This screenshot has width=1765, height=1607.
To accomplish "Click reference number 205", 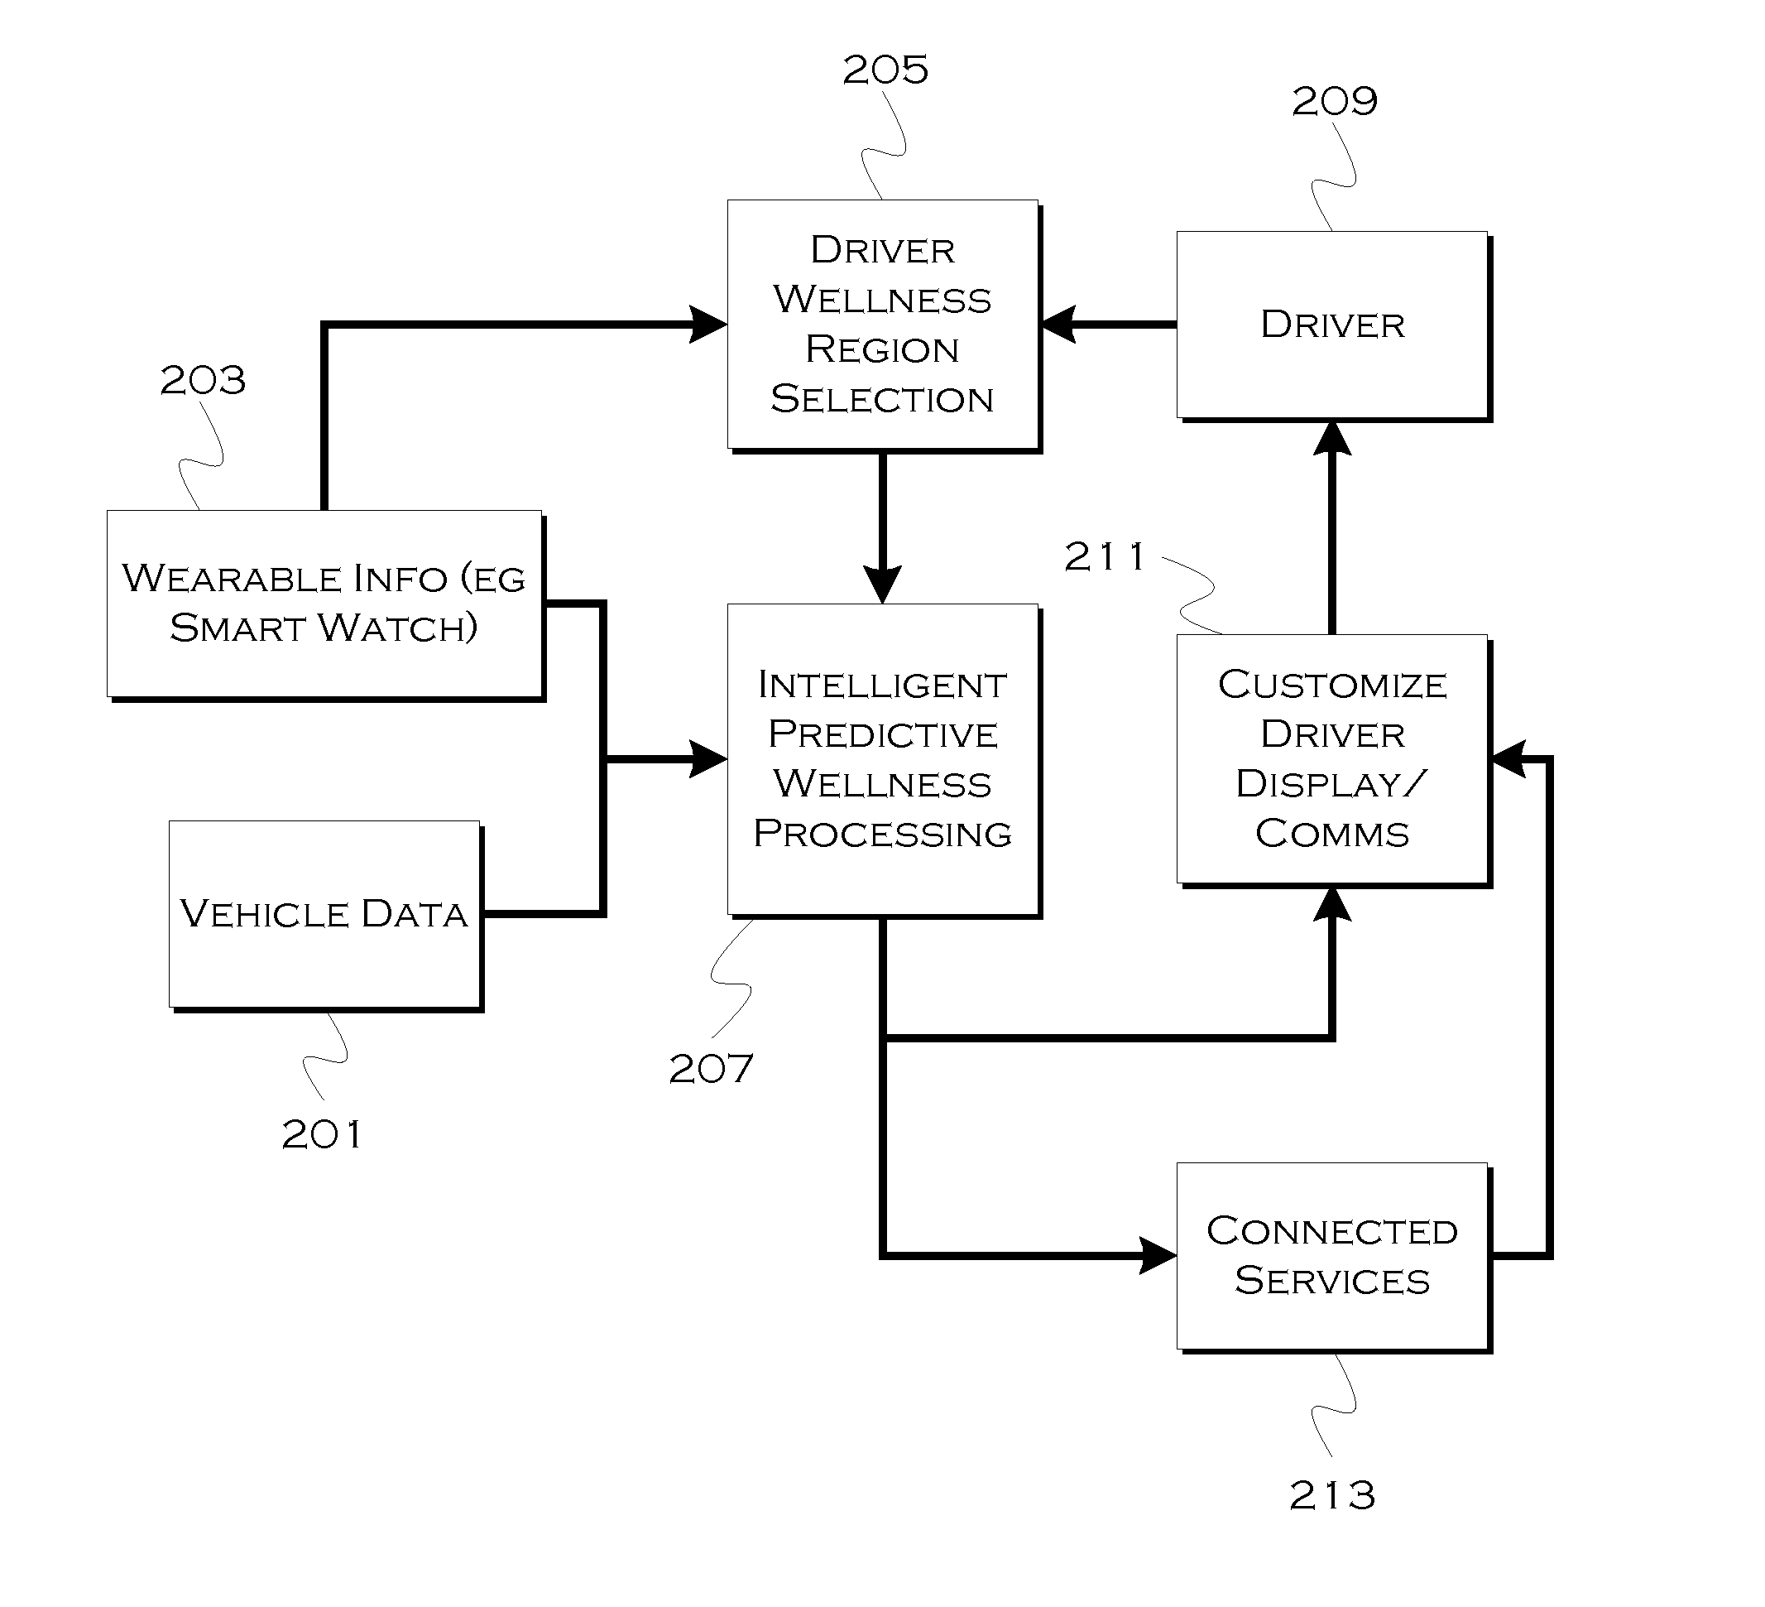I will tap(885, 70).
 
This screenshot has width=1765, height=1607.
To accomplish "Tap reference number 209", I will tap(1334, 102).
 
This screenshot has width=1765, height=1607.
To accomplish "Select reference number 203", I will tap(202, 380).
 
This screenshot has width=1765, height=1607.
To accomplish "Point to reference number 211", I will tap(1104, 557).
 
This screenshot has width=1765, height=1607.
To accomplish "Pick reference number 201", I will tap(320, 1135).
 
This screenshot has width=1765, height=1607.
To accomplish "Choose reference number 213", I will tap(1331, 1496).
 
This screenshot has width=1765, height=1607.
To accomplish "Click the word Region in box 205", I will tap(881, 349).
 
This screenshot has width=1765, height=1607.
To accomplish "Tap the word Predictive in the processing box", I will tap(882, 734).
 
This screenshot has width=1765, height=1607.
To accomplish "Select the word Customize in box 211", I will tap(1331, 685).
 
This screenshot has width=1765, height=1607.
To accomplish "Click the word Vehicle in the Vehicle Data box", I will tap(265, 914).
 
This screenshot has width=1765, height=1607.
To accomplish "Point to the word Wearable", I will tap(231, 579).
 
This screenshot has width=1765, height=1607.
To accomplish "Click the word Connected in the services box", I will tap(1331, 1231).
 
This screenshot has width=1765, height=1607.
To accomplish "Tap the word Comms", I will tap(1331, 834).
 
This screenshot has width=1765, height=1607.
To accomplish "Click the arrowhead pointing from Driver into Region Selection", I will tap(1059, 325).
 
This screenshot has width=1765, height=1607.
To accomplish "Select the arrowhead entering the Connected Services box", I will tap(1158, 1256).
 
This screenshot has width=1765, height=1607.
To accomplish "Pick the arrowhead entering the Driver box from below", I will tap(1332, 439).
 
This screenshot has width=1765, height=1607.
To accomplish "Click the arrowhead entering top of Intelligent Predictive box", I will tap(882, 585).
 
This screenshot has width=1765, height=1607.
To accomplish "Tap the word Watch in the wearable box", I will tap(396, 628).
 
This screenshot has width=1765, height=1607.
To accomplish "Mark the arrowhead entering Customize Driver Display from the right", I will tap(1508, 759).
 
